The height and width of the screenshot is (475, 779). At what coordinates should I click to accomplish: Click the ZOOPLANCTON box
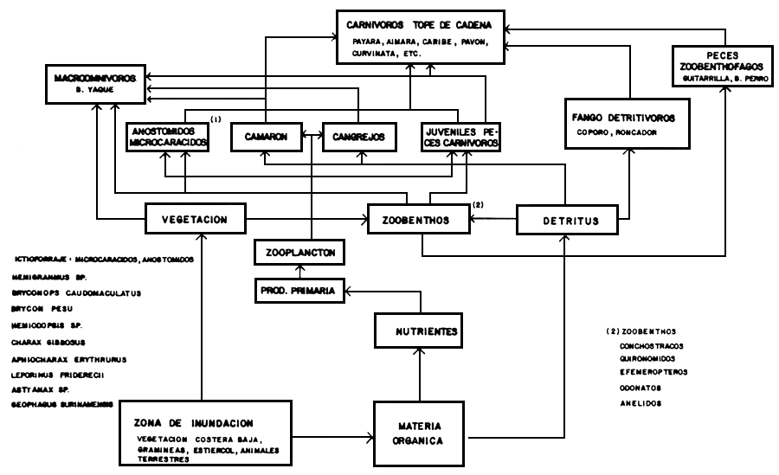[x=298, y=253]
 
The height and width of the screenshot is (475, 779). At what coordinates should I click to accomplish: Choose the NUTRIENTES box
[x=420, y=331]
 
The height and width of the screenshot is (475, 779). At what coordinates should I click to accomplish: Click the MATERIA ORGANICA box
[x=420, y=432]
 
